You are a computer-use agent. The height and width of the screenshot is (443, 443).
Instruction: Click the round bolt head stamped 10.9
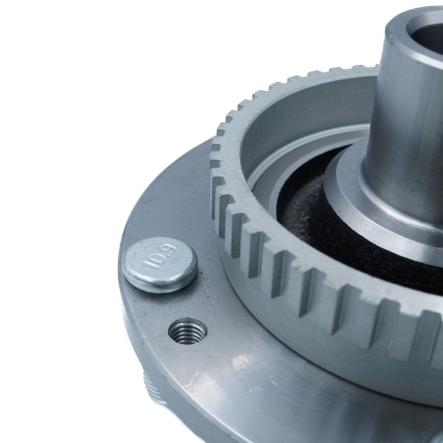click(x=159, y=265)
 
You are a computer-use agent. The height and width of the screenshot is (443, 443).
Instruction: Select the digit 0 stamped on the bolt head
click(x=157, y=258)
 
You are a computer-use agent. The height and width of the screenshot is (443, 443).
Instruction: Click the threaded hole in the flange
click(x=187, y=331)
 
